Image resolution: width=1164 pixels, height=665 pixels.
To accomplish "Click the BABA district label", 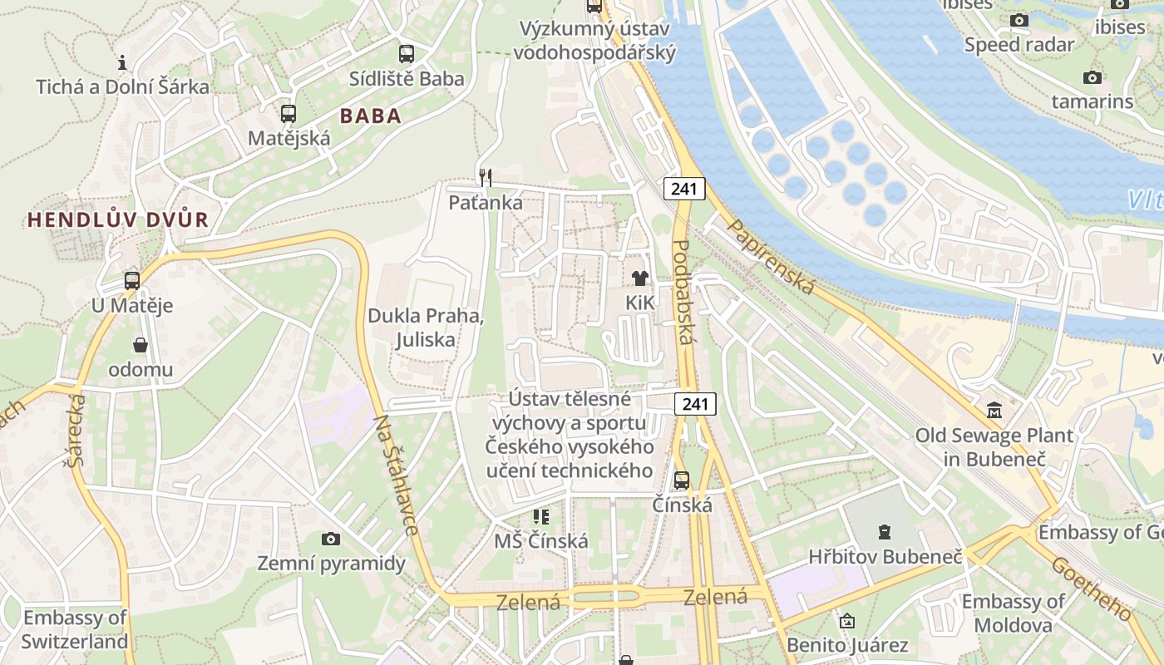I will point(371,116).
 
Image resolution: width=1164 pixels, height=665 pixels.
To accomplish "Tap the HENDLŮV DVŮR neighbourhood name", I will point(117,220).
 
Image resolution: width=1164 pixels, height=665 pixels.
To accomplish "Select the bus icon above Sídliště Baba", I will point(406,54).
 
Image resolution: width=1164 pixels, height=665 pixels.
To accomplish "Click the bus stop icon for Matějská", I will point(288,114).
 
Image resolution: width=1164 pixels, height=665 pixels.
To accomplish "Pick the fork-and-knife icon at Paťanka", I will point(486,177).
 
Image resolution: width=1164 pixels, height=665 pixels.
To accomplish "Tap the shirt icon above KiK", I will point(639,278).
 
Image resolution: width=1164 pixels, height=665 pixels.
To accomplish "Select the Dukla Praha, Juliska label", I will point(426,328).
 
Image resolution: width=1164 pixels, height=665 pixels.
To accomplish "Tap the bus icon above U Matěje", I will point(132,281).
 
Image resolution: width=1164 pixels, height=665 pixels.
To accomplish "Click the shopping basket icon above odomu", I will point(140,345).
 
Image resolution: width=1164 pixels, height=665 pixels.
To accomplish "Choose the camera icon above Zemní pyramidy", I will point(331,539).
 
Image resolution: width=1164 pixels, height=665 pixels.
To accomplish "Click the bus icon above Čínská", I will point(682,480).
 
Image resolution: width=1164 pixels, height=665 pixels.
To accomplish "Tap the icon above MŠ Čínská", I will point(541,517).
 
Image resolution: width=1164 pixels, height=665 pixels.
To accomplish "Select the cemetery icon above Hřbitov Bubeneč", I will point(885,532).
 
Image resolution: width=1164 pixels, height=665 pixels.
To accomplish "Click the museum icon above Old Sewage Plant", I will point(994,410).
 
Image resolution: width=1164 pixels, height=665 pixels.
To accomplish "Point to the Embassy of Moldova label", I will point(1013,613).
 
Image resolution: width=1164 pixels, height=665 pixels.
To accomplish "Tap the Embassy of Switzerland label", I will point(75,629).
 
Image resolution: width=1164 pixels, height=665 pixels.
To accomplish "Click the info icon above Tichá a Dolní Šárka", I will point(122,62).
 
